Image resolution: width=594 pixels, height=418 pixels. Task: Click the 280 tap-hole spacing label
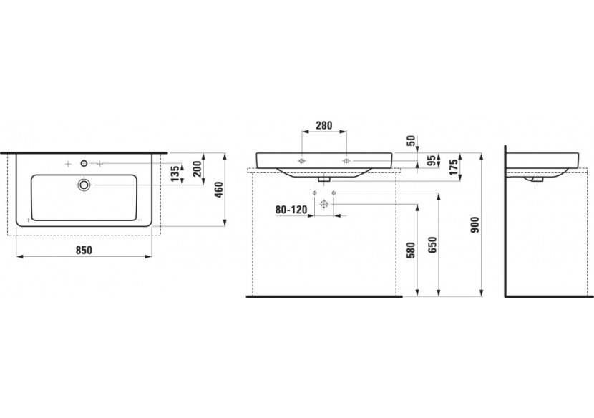coord(325,126)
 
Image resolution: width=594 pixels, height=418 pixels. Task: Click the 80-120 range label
coord(290,210)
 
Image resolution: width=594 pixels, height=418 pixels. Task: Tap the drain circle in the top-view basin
coord(84,185)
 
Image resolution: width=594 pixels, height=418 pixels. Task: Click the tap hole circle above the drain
coord(84,164)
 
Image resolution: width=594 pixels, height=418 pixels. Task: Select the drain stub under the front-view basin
coord(326,179)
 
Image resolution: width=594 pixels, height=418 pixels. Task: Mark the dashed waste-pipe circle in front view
coord(324,205)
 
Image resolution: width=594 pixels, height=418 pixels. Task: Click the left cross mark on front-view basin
coord(303,160)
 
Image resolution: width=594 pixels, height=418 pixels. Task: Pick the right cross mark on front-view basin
coord(347,160)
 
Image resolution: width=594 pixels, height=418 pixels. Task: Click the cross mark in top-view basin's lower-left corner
coord(28,218)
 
